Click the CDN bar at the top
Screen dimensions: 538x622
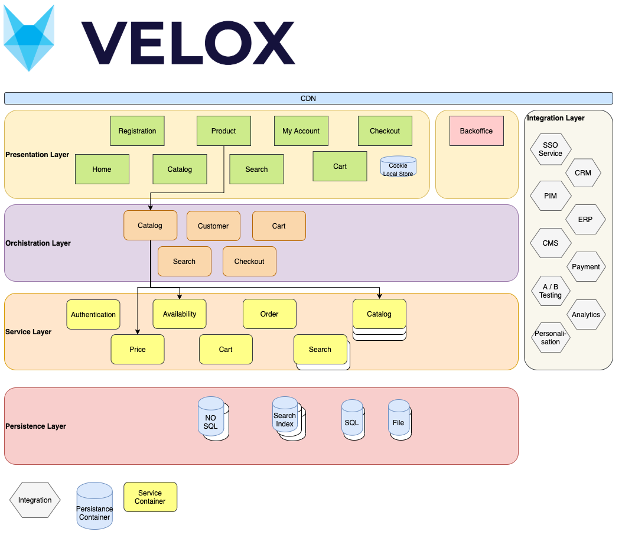(x=308, y=99)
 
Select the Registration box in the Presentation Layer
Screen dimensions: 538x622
(x=137, y=131)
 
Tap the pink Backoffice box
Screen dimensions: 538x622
(x=476, y=131)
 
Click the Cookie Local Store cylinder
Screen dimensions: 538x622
(x=398, y=167)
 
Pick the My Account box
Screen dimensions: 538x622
(x=301, y=131)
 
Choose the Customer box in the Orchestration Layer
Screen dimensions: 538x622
(x=213, y=226)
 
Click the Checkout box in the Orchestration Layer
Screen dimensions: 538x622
(x=249, y=262)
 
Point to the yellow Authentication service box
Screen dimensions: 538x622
(x=93, y=315)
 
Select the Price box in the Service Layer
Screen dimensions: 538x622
(x=138, y=350)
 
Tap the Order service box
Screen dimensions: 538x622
(x=269, y=314)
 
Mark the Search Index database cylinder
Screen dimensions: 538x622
(x=285, y=419)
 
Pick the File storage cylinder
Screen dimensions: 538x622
(x=399, y=420)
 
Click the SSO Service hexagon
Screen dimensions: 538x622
(x=551, y=149)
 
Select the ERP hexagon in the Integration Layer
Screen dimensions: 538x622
(x=585, y=220)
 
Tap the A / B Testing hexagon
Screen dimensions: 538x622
(x=551, y=291)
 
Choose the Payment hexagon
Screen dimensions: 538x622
(x=585, y=267)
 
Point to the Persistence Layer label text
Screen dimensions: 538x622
(x=35, y=426)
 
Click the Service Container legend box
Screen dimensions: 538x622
(x=150, y=497)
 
